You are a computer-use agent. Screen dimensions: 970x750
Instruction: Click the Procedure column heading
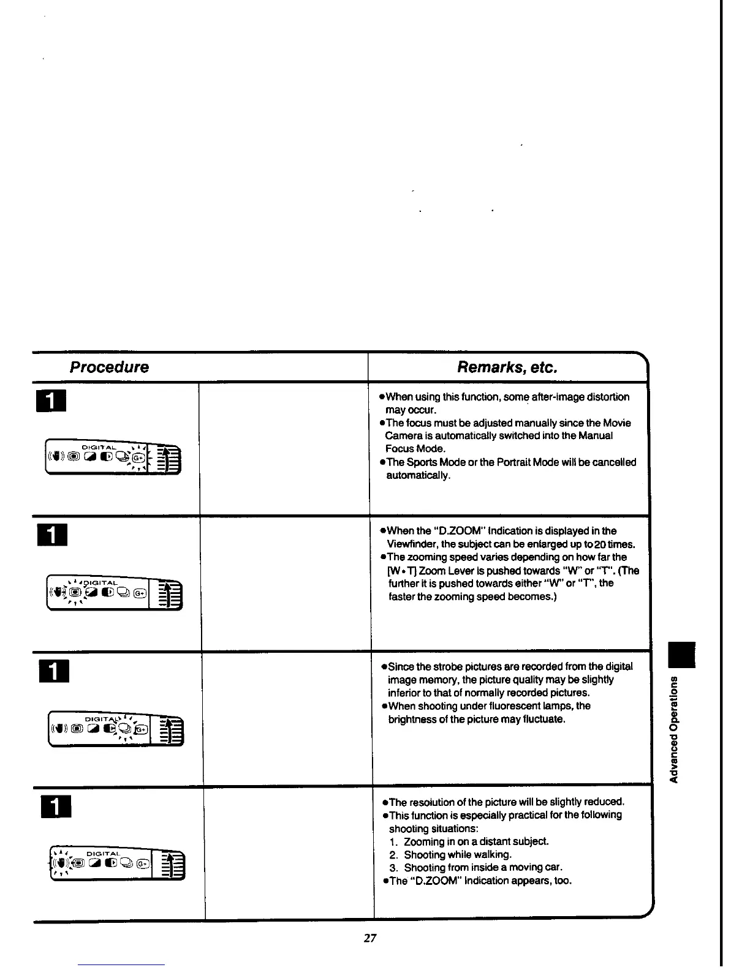pyautogui.click(x=109, y=367)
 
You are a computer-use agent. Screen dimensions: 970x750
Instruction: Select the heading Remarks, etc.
pyautogui.click(x=507, y=367)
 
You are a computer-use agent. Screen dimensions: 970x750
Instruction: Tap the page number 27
pyautogui.click(x=370, y=938)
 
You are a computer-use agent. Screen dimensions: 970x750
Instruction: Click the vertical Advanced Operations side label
pyautogui.click(x=675, y=729)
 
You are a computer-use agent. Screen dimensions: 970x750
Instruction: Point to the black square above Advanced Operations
pyautogui.click(x=681, y=654)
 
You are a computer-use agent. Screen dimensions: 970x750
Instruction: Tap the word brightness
pyautogui.click(x=412, y=719)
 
